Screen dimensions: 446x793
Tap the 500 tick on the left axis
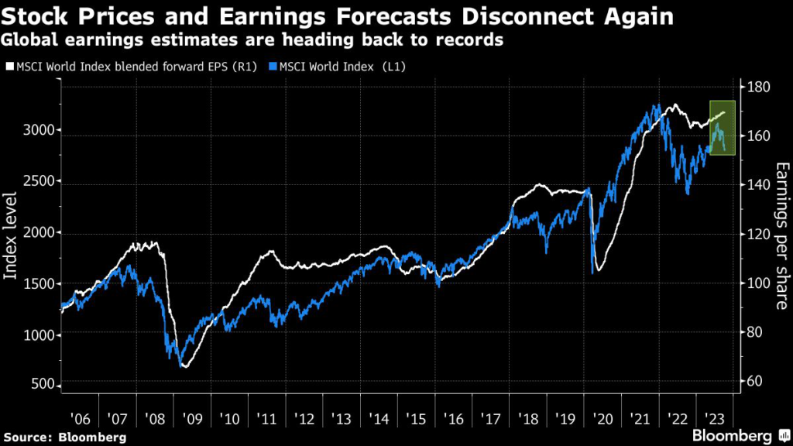(x=44, y=386)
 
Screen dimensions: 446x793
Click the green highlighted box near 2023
(x=722, y=128)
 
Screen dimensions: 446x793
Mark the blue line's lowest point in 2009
(x=180, y=365)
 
